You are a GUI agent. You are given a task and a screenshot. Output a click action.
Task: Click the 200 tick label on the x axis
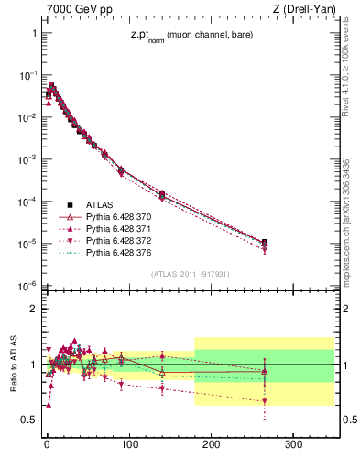[x=212, y=444]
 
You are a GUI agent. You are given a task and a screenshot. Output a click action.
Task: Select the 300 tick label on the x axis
[x=294, y=444]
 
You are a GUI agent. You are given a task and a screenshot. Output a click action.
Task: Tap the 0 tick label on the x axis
[x=47, y=444]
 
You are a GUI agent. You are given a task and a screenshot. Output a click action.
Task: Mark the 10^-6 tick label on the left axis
[x=23, y=286]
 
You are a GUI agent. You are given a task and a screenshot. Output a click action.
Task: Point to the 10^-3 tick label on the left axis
[x=23, y=159]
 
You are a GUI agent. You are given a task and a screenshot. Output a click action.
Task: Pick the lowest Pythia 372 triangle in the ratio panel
[x=265, y=401]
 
